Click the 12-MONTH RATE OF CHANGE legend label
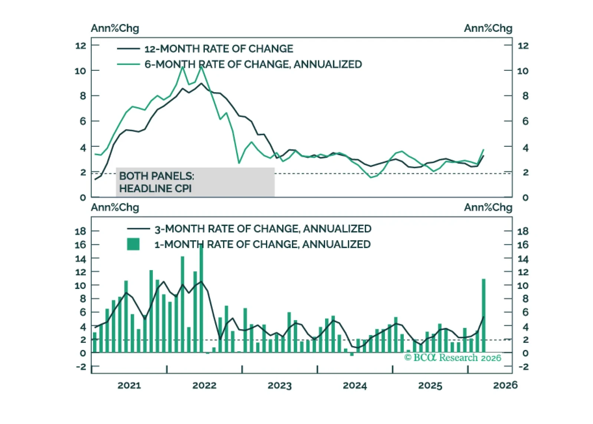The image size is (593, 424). point(219,49)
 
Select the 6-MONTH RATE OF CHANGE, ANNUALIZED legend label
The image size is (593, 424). point(253,64)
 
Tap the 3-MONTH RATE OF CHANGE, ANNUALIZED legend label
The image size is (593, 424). point(263,229)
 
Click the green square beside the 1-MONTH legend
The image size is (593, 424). point(133,244)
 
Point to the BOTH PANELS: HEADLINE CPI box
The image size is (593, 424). point(195,182)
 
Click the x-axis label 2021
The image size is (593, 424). point(129,385)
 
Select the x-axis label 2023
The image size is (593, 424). point(279,385)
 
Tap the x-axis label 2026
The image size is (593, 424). point(505,385)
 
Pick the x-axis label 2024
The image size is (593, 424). point(355,385)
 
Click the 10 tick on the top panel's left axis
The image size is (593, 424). point(80,71)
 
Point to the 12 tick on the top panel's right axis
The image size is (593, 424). point(523,46)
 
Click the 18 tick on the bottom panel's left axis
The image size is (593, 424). point(80,231)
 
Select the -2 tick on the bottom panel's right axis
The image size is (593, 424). point(523,367)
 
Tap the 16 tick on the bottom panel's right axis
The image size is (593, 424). point(523,245)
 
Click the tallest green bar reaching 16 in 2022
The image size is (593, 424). point(202,297)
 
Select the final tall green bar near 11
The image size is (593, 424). point(484,315)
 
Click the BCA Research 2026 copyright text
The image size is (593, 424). point(453,358)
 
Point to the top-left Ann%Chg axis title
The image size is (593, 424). point(115,28)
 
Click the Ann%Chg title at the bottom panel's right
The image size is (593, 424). point(488,208)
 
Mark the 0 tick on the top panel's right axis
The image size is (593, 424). point(525,198)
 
